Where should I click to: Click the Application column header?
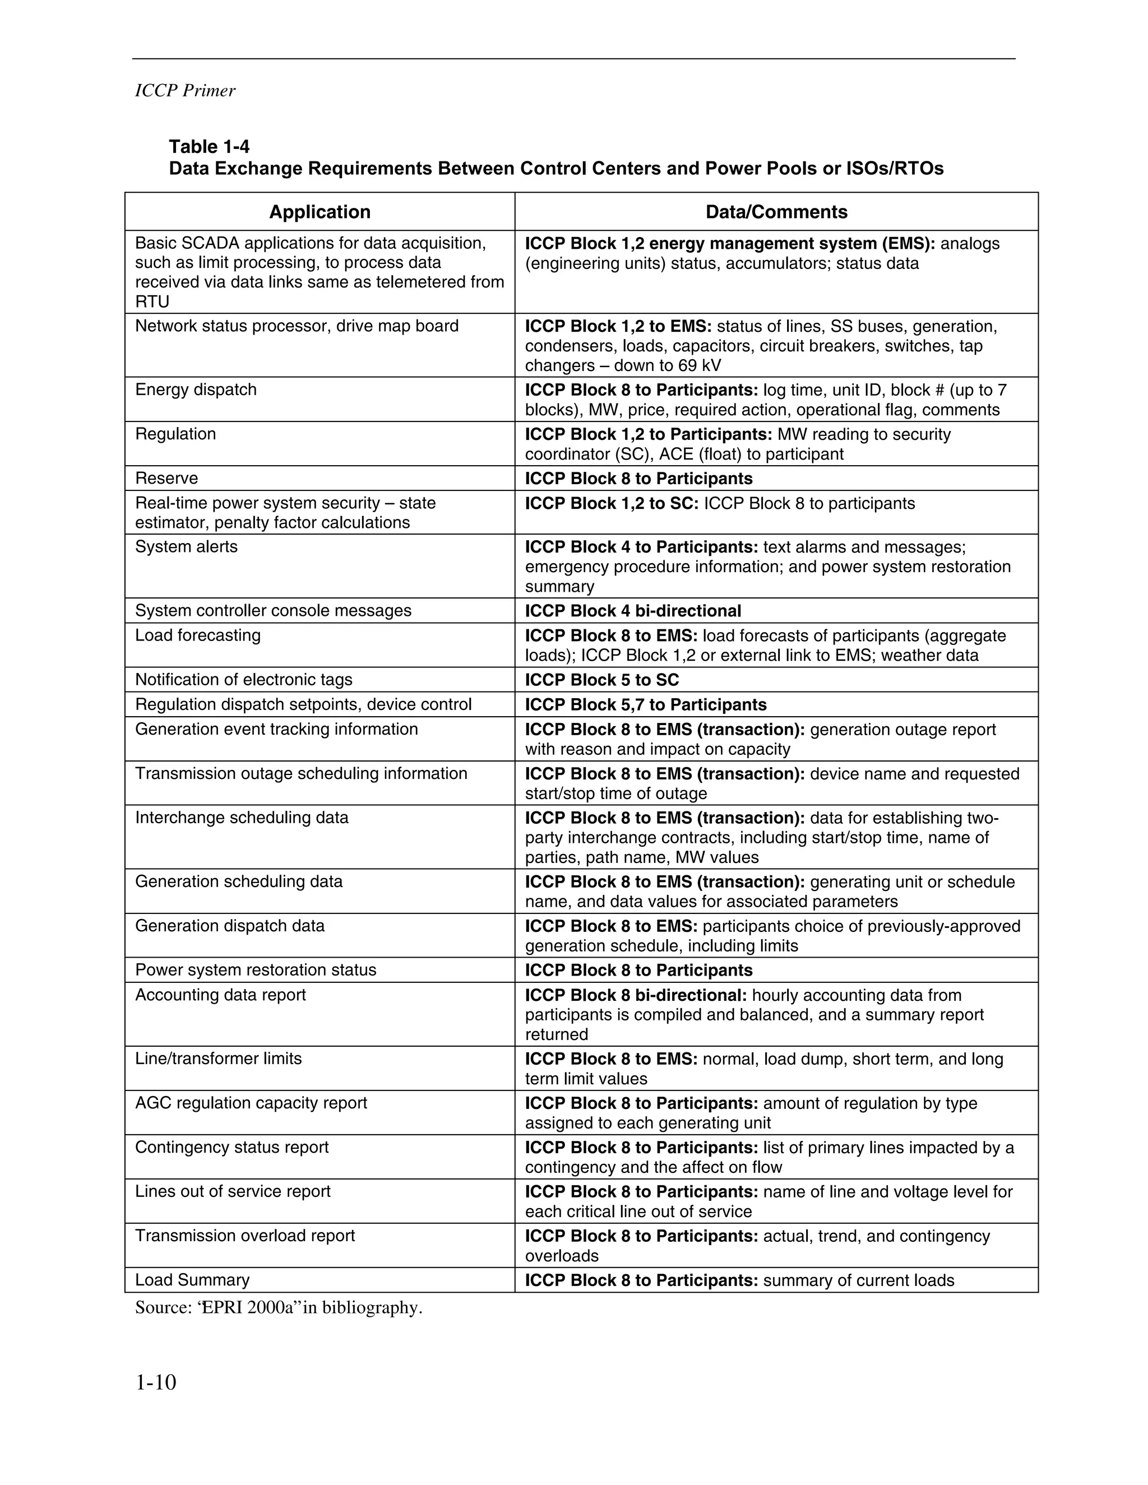[x=320, y=212]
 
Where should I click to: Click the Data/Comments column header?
[x=776, y=212]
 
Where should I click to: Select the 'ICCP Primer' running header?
[x=185, y=91]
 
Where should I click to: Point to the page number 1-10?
[x=156, y=1382]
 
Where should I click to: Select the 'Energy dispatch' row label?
[x=196, y=389]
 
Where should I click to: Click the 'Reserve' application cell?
[x=166, y=478]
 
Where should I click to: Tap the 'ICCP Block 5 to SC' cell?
[x=602, y=680]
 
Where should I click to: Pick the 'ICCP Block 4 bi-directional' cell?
[x=632, y=611]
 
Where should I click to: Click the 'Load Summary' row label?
[x=192, y=1280]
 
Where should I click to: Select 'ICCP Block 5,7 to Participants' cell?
[x=645, y=704]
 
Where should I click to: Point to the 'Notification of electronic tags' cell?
[x=243, y=679]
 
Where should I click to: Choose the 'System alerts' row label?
[x=186, y=547]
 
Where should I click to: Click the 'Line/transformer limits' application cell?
[x=218, y=1059]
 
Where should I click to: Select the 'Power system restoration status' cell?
[x=256, y=969]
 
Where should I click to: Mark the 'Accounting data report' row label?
[x=220, y=995]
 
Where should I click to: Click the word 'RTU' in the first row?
[x=152, y=302]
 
